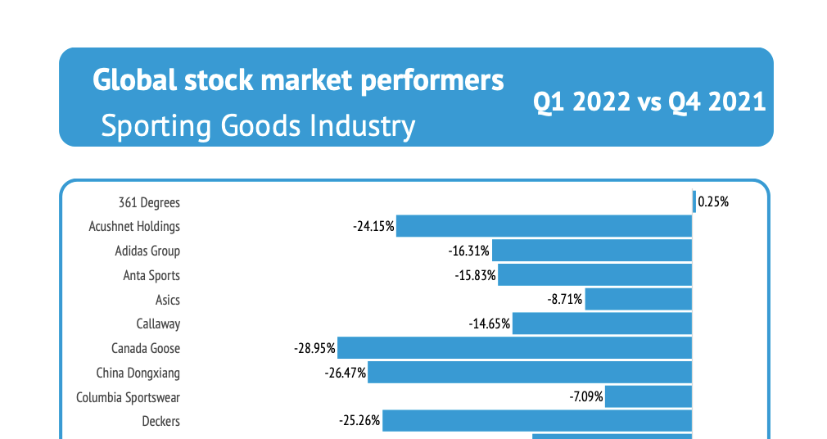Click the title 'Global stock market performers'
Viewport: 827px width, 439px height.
click(x=298, y=80)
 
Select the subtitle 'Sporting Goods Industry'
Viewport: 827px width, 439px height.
click(x=258, y=126)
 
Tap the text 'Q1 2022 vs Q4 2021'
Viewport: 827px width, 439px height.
click(x=649, y=102)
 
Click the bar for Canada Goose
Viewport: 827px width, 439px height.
click(x=515, y=348)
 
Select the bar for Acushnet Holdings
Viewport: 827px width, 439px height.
click(x=545, y=226)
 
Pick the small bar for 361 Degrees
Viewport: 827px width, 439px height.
click(x=694, y=201)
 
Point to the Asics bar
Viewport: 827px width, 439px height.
click(x=639, y=300)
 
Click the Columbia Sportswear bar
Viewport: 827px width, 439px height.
click(x=648, y=397)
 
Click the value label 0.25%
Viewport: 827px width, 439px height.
click(x=713, y=201)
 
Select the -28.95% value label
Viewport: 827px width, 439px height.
click(x=314, y=348)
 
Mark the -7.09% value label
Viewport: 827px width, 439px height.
click(x=586, y=397)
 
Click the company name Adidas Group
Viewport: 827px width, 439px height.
click(x=147, y=251)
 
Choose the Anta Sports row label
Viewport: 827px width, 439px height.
click(x=151, y=275)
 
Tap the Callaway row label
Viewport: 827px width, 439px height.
click(x=158, y=324)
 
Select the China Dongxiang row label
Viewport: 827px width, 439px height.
click(x=138, y=373)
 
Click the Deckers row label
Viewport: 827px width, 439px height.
click(x=160, y=422)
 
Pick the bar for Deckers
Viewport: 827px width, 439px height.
click(x=537, y=421)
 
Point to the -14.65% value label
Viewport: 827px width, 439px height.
click(x=490, y=324)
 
